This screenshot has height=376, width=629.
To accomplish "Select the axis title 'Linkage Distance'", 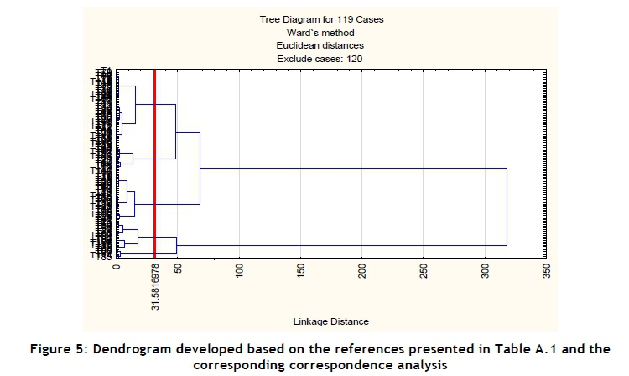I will point(330,321).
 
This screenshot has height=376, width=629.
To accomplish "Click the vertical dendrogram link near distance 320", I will point(507,206).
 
